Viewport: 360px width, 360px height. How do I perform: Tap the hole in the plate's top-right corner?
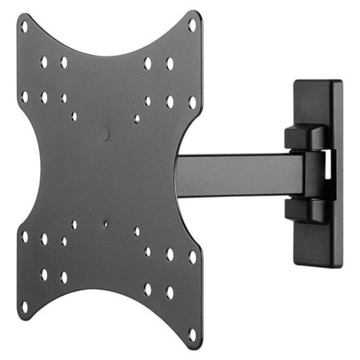coord(192,25)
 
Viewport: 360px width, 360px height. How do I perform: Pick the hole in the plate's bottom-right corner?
coord(192,333)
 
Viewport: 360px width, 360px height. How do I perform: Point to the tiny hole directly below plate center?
coord(105,221)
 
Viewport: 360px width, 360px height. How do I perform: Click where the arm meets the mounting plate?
coord(180,175)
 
